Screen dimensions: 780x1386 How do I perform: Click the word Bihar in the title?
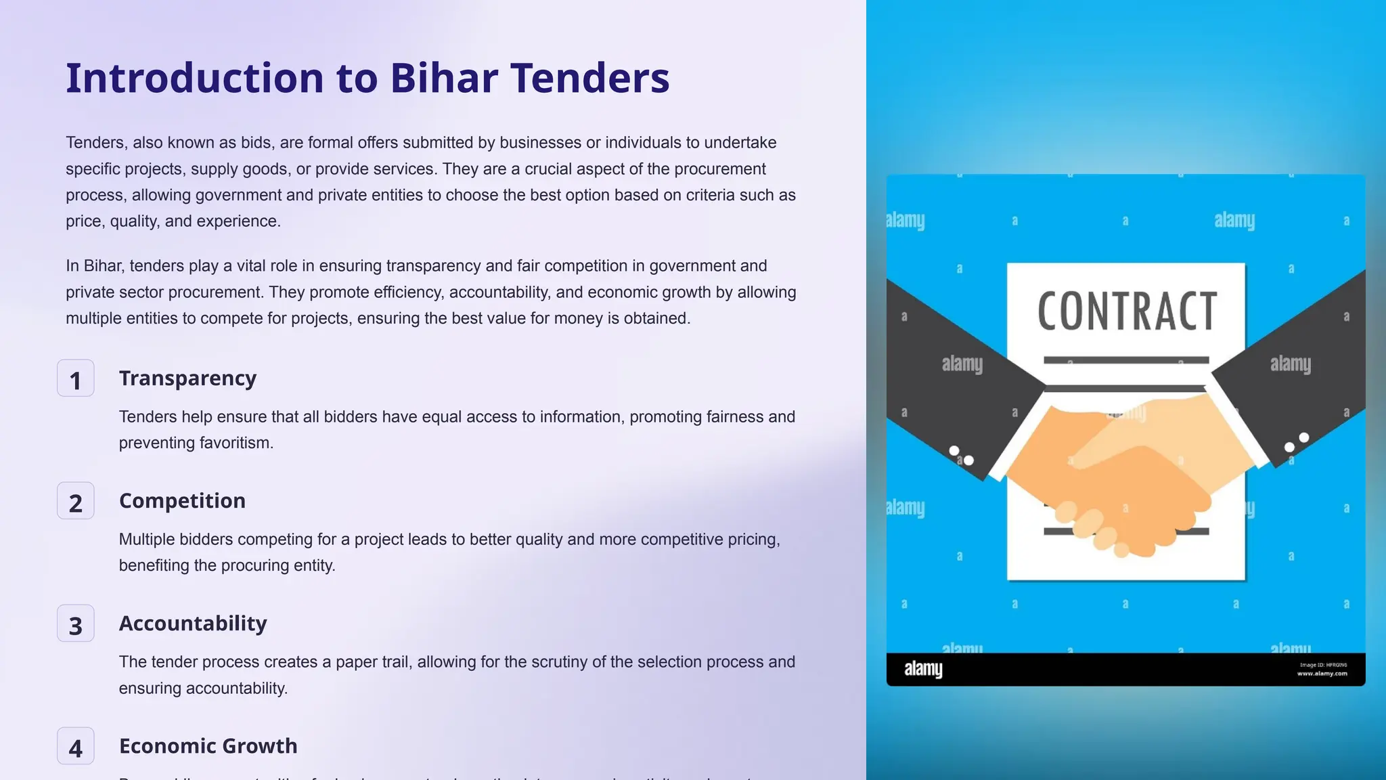point(444,78)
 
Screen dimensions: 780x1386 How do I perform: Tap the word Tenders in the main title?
point(589,78)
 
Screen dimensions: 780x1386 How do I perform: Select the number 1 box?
point(76,378)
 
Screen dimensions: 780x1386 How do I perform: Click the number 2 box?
point(76,501)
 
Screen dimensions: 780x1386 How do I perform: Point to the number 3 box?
point(76,624)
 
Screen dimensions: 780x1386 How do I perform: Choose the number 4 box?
point(76,746)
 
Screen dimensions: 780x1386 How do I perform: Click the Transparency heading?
point(187,378)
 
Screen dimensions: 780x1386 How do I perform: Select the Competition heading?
point(182,500)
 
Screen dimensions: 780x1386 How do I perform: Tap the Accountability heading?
point(193,623)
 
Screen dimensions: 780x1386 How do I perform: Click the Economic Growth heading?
point(208,745)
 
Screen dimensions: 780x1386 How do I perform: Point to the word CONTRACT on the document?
point(1127,311)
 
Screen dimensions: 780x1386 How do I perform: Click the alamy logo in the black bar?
point(923,669)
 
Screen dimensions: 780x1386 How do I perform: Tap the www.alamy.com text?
point(1322,674)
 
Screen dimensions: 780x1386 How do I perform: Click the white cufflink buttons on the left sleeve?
point(962,456)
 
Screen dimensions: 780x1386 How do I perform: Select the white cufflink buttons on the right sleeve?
point(1297,442)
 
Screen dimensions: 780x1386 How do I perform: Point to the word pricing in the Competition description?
point(751,540)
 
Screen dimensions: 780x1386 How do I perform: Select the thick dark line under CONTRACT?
point(1126,360)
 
